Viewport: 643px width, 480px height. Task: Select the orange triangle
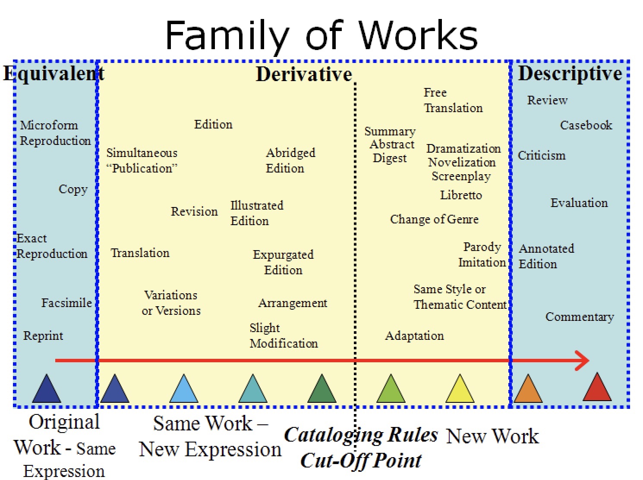point(528,388)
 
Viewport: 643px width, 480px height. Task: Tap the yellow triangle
point(460,388)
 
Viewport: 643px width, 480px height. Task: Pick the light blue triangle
point(184,388)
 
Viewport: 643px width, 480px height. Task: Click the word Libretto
point(461,195)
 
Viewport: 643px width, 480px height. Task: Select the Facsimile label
point(66,303)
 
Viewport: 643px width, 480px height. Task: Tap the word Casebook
point(586,125)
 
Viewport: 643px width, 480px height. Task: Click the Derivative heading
point(304,74)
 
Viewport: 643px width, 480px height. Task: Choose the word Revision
point(194,211)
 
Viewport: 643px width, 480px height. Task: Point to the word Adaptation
point(414,336)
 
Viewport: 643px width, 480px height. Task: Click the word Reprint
point(43,336)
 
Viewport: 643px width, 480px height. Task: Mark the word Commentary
point(580,317)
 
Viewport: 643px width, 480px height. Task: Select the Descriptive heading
point(570,73)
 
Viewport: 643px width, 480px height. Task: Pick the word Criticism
point(541,155)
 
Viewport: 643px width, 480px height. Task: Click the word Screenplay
point(461,176)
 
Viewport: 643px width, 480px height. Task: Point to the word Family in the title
point(227,36)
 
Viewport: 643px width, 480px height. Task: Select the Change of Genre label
point(434,220)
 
